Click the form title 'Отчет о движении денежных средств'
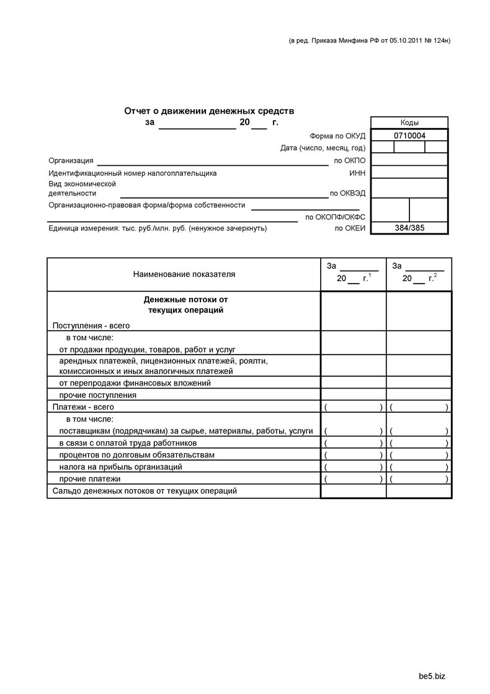(209, 111)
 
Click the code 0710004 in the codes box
(409, 135)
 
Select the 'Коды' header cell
(409, 123)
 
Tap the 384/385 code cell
(409, 228)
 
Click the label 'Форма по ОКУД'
(337, 136)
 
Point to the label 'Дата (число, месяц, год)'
(323, 148)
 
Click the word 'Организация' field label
(71, 161)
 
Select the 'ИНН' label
(357, 173)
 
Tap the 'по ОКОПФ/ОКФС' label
(336, 217)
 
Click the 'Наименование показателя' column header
(184, 274)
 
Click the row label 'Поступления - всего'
(91, 325)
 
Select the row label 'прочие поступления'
(98, 395)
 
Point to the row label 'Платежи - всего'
(84, 407)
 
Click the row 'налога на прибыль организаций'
(121, 467)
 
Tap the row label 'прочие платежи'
(90, 479)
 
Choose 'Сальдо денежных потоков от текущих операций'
(145, 491)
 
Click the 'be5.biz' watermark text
(432, 675)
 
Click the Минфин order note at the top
(370, 41)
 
